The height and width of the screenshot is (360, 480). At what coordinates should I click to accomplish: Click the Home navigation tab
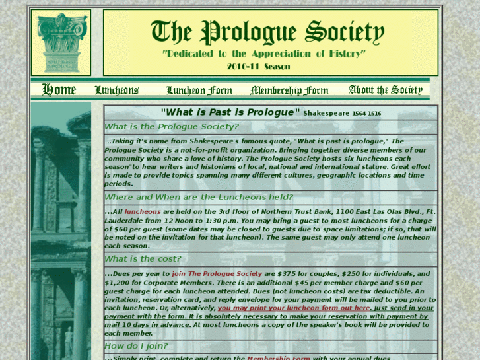click(x=59, y=89)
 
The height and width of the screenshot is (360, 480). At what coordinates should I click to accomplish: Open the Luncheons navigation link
click(x=116, y=90)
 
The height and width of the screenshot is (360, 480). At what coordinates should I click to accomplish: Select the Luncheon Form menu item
click(x=199, y=90)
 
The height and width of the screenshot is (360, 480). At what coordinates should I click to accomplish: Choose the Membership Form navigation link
click(x=289, y=90)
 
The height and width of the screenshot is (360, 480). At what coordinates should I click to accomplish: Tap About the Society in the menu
click(x=385, y=90)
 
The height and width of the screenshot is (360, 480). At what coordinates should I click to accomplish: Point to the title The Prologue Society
click(x=267, y=31)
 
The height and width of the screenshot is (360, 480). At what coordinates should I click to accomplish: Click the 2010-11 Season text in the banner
click(x=258, y=66)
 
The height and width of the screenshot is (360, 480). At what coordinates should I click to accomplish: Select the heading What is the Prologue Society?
click(x=172, y=127)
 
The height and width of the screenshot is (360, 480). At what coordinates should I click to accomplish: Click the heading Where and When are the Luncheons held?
click(x=197, y=197)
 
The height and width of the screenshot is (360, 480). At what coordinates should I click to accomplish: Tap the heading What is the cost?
click(x=143, y=259)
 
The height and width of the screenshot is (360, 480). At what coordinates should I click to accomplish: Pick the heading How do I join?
click(x=136, y=346)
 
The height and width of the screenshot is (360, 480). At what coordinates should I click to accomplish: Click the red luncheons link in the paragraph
click(x=143, y=211)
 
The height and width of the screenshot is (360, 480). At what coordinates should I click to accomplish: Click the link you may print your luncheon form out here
click(x=294, y=308)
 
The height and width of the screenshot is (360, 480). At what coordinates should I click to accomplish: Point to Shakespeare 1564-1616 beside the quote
click(x=342, y=113)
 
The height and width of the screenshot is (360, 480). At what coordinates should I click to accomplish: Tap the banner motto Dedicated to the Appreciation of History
click(x=263, y=53)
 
